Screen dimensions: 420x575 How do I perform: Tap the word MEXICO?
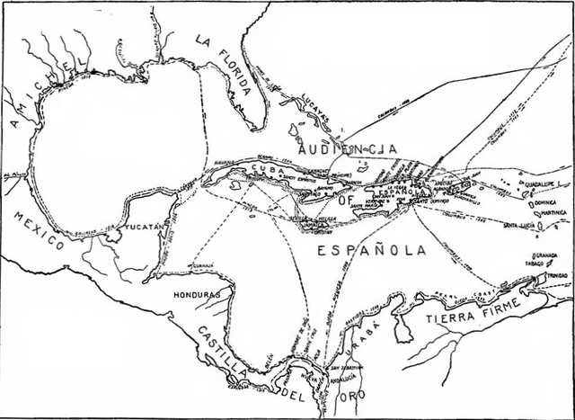pyautogui.click(x=38, y=229)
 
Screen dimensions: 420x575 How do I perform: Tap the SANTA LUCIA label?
pyautogui.click(x=523, y=225)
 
